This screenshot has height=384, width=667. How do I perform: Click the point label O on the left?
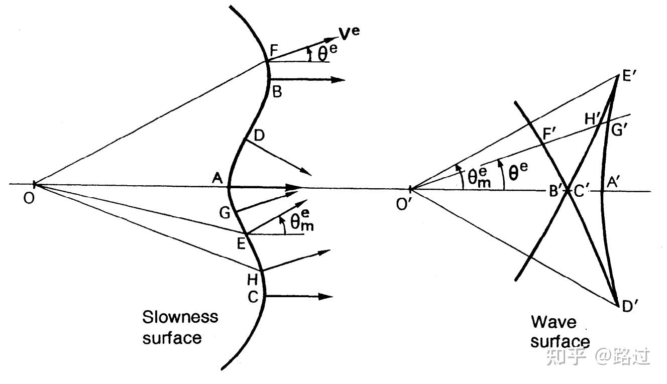click(x=29, y=199)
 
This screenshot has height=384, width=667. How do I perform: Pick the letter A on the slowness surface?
click(x=217, y=177)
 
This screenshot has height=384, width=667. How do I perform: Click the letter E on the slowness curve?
click(x=241, y=244)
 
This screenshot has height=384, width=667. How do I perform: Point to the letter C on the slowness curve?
click(x=253, y=297)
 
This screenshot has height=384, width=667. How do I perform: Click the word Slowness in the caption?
click(x=180, y=317)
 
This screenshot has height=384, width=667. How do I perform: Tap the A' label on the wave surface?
click(x=614, y=182)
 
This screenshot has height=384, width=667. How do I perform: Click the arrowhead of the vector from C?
click(x=328, y=297)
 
